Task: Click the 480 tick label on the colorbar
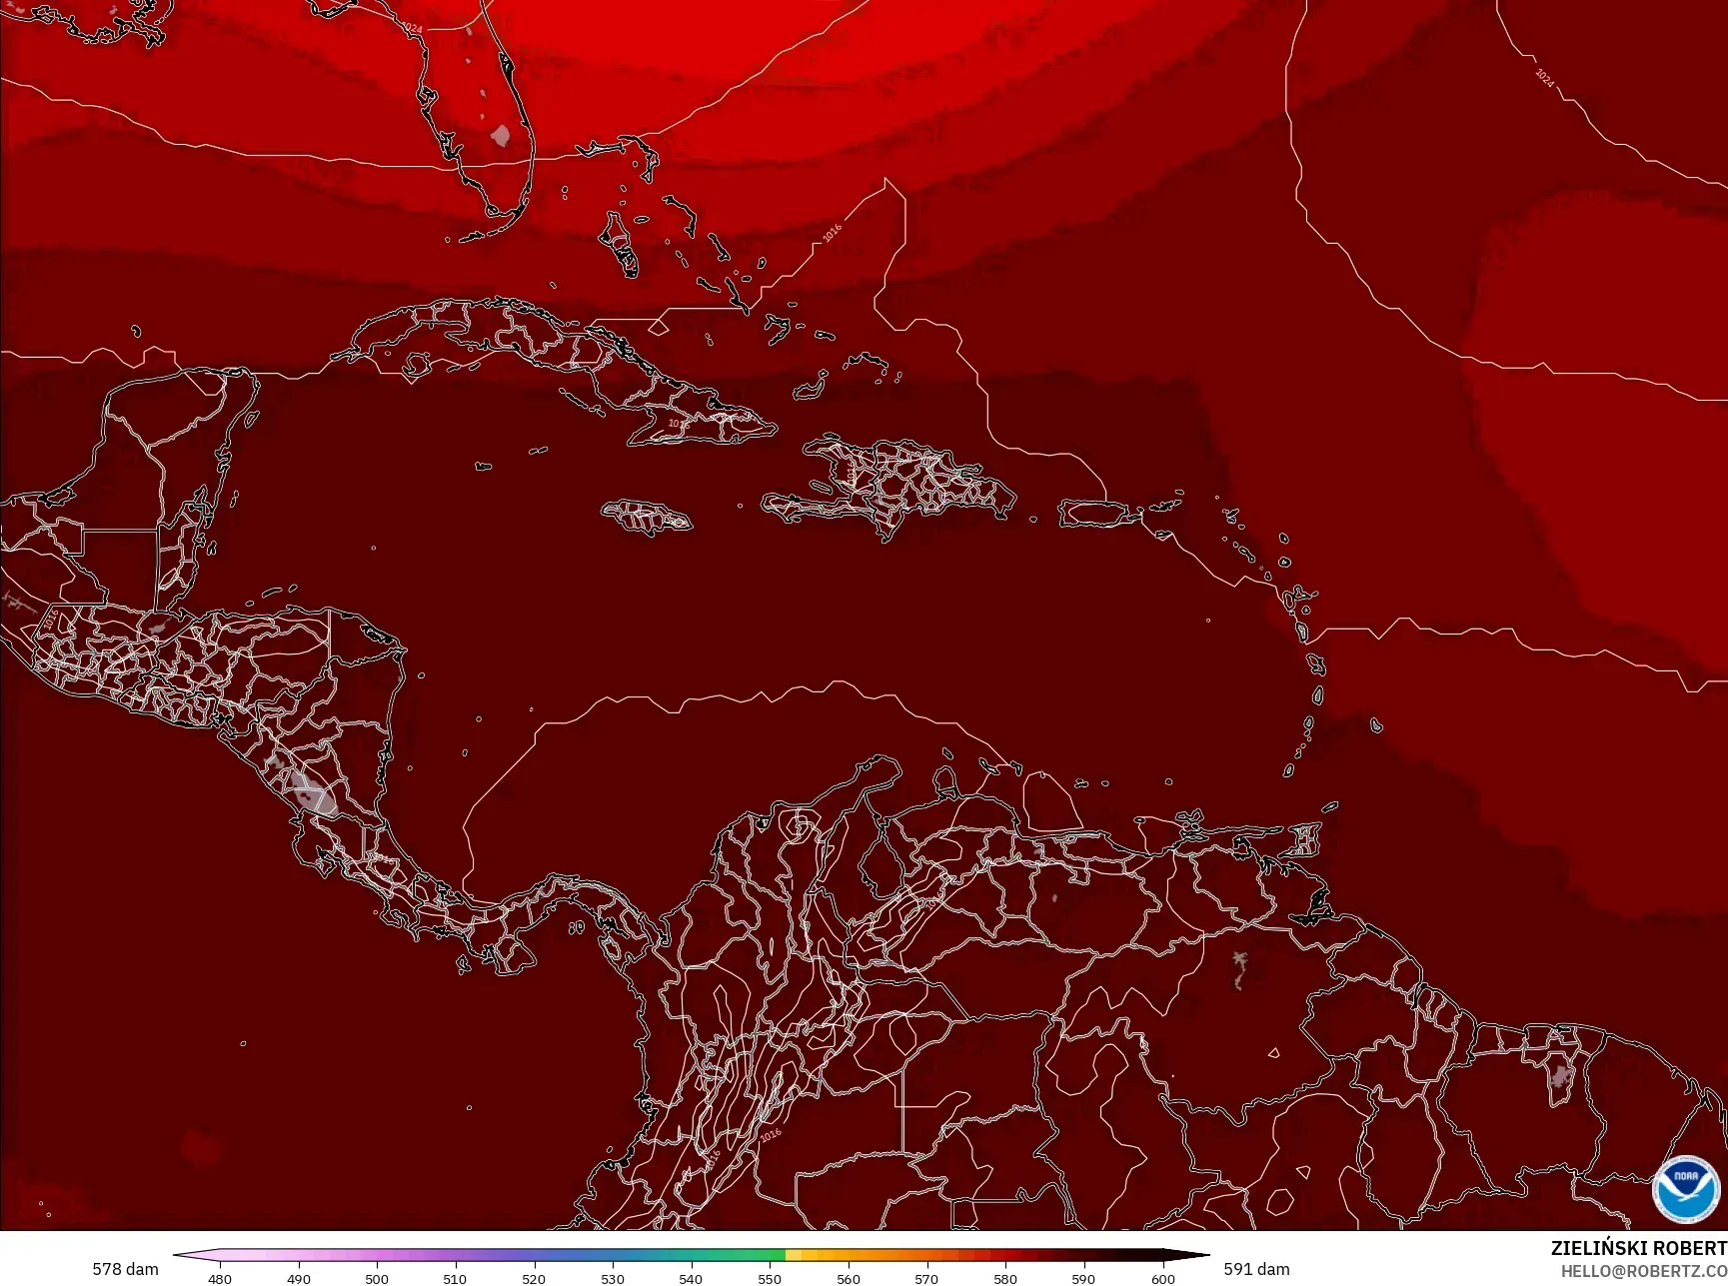[220, 1278]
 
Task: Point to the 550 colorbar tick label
[770, 1278]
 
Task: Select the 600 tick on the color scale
[1162, 1278]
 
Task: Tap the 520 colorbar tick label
[534, 1278]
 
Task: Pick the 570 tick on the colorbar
[926, 1278]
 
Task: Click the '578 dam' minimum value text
[125, 1269]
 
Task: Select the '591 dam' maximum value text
[1256, 1269]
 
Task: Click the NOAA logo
[1685, 1188]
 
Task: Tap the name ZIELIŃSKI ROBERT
[1638, 1248]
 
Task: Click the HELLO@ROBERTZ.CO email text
[1644, 1271]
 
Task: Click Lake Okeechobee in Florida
[501, 134]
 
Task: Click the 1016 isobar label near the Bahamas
[832, 233]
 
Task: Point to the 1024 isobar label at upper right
[1544, 78]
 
